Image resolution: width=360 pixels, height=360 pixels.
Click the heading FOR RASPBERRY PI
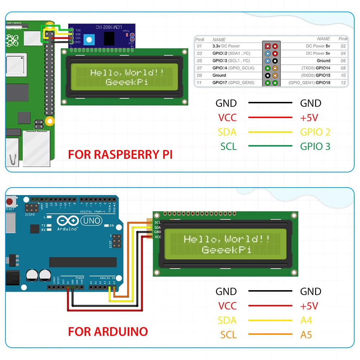(x=120, y=154)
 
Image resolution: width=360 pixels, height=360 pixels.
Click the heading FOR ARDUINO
(x=108, y=331)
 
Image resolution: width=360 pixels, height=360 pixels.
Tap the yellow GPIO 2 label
(x=315, y=132)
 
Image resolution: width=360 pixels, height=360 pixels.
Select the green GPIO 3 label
(x=315, y=147)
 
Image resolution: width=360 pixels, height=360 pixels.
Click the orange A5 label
(x=306, y=335)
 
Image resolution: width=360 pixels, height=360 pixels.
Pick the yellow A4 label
(x=306, y=320)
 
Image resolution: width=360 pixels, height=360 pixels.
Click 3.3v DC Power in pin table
(x=226, y=46)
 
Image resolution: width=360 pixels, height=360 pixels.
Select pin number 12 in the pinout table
(x=343, y=83)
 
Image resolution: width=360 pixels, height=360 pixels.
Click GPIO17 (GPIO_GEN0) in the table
(x=233, y=83)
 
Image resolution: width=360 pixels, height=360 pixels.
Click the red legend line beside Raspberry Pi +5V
(x=270, y=117)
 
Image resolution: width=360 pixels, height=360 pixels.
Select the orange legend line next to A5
(x=270, y=335)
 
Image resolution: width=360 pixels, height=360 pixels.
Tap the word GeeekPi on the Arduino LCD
(x=226, y=249)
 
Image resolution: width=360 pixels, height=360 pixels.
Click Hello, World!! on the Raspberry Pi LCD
(x=127, y=73)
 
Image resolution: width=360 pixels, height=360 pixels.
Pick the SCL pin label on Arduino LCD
(x=157, y=222)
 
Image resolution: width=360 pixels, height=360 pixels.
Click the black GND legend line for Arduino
(x=270, y=291)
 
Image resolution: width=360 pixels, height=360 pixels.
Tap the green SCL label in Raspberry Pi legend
(x=228, y=147)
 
